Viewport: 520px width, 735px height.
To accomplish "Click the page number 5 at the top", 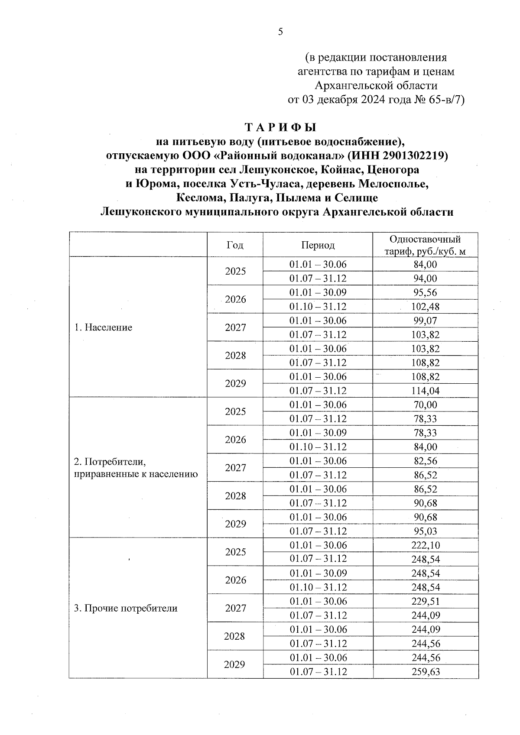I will [280, 32].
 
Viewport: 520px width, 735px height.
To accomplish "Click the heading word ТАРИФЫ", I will [281, 127].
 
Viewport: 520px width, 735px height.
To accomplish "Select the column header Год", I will [235, 245].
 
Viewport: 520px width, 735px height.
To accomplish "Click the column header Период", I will [318, 245].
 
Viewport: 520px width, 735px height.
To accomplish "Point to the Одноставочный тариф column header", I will [425, 245].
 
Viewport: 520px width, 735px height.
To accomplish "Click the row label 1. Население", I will [103, 327].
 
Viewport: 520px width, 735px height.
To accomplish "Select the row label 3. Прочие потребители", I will [126, 608].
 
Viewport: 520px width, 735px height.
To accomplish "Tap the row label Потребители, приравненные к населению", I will [136, 467].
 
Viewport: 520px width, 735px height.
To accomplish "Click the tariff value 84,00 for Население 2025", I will [425, 264].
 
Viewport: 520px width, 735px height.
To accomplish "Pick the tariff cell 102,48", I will [425, 307].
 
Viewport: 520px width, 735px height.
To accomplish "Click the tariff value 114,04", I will [425, 391].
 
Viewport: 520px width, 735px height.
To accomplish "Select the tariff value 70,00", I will [425, 405].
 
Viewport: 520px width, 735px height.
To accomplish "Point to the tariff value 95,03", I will [425, 531].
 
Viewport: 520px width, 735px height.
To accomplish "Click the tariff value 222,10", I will [425, 545].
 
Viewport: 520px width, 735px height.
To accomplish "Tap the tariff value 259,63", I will [425, 671].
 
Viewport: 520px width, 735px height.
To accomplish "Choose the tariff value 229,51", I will [425, 601].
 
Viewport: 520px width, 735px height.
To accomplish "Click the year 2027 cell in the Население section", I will [235, 327].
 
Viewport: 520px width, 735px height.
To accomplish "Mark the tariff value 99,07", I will [425, 321].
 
